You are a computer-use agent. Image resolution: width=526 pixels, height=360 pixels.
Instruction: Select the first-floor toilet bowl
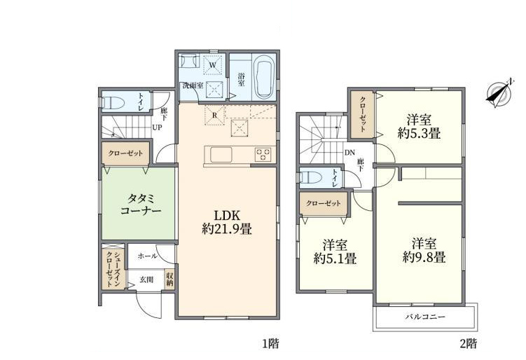point(113,102)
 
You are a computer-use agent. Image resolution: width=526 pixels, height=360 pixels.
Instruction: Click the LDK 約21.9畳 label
point(227,222)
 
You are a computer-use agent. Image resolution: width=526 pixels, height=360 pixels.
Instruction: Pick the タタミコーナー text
point(141,205)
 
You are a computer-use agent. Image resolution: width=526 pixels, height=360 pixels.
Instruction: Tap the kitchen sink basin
point(221,155)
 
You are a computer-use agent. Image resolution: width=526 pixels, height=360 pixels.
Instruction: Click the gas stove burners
point(263,155)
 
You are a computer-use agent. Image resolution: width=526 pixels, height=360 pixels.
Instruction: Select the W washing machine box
point(212,64)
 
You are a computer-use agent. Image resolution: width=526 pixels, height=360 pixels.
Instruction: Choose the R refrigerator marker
point(215,115)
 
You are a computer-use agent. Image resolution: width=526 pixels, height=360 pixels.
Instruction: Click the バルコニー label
point(425,317)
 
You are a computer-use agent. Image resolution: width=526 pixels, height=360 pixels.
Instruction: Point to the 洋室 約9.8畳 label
point(424,250)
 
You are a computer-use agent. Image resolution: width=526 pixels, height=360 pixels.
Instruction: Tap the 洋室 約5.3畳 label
point(419,127)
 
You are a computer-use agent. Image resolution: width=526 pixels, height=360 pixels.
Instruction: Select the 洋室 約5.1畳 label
point(335,251)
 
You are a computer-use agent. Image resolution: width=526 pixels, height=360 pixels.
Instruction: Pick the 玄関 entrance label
point(146,279)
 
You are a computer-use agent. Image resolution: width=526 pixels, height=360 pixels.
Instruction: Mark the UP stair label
point(157,127)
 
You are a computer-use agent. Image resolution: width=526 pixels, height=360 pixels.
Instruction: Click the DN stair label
point(349,153)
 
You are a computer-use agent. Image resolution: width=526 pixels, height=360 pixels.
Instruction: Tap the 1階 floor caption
point(270,343)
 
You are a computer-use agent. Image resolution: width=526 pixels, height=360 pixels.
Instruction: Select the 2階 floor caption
point(468,343)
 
